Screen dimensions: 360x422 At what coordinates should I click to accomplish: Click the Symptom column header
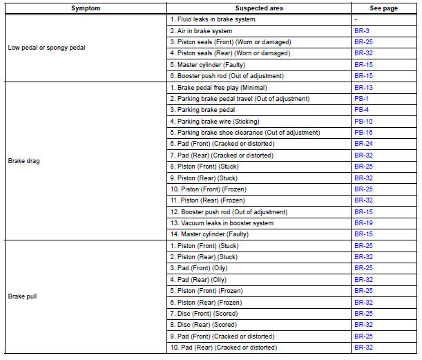click(x=85, y=8)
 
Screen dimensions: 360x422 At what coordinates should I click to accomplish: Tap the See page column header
click(x=383, y=8)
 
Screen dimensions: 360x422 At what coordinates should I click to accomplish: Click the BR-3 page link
click(x=361, y=31)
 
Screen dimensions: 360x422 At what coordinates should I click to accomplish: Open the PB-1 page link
click(x=361, y=99)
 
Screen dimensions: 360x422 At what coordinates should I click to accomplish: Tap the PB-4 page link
click(x=361, y=110)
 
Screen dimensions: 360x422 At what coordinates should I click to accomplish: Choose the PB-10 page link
click(x=363, y=122)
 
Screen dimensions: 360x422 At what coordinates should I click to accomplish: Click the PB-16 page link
click(x=363, y=133)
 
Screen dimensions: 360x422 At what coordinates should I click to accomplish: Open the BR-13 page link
click(x=363, y=88)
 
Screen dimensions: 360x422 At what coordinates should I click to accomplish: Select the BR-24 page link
click(x=363, y=144)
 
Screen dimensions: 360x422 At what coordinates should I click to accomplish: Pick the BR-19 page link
click(x=363, y=223)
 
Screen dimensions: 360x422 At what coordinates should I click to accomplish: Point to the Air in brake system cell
click(x=201, y=31)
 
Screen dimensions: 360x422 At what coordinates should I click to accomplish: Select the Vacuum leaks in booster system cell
click(x=221, y=223)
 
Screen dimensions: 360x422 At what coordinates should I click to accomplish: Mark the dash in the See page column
click(x=356, y=20)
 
